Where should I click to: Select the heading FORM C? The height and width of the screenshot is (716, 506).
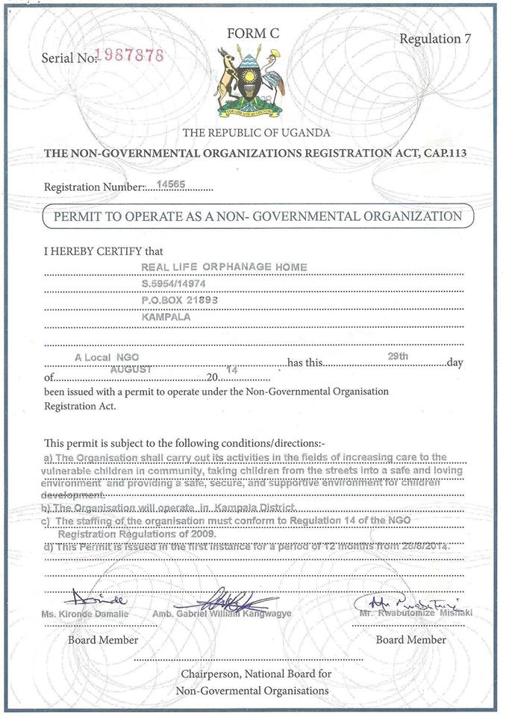252,33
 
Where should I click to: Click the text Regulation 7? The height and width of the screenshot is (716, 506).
435,39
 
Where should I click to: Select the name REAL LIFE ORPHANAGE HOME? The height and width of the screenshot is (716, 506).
225,267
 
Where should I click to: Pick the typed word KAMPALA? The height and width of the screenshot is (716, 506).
166,316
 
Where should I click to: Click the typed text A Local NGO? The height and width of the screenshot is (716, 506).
107,357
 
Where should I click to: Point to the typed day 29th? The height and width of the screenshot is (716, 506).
398,357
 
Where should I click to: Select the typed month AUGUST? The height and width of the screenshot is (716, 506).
131,369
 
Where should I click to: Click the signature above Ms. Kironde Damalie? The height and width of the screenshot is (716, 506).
95,599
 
